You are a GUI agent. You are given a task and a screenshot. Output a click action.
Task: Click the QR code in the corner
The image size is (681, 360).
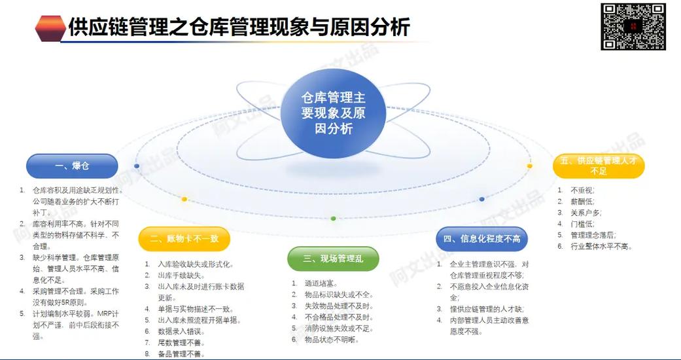point(633,26)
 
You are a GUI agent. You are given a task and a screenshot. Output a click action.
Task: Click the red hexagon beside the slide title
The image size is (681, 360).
point(50,28)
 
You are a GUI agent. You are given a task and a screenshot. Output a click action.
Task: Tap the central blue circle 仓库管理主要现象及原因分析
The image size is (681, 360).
point(333,113)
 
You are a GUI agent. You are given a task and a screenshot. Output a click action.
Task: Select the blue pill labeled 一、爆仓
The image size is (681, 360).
point(72,166)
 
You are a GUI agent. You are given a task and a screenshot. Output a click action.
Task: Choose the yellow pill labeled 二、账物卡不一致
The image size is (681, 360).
point(184,239)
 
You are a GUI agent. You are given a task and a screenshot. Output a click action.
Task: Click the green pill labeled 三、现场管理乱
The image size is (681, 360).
point(333,259)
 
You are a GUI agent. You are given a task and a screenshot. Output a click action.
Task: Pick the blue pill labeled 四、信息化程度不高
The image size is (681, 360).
point(482,239)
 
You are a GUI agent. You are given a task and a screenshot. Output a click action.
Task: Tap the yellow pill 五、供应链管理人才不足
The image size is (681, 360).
point(598,166)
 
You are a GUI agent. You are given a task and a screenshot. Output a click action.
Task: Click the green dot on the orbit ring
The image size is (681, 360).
point(334,218)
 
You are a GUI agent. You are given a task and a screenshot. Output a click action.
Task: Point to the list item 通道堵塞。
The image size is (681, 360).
point(322,283)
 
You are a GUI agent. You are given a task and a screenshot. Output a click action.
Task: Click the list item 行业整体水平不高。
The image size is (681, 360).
point(601,246)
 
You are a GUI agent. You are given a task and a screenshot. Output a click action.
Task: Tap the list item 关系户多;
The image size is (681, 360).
point(586,212)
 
